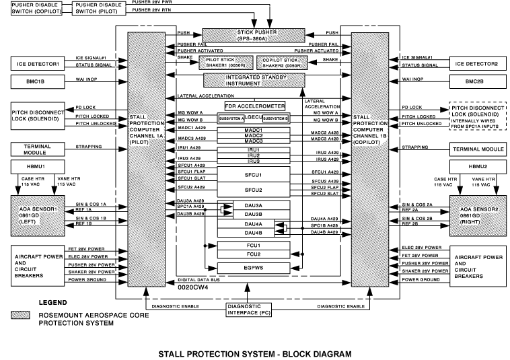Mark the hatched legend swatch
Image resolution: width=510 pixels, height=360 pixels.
26,316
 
